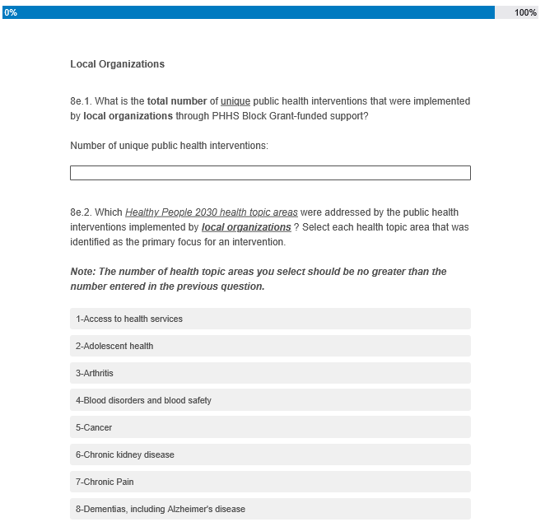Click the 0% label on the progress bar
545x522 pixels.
[x=11, y=12]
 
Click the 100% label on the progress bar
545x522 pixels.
[x=525, y=12]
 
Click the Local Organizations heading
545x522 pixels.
[x=117, y=64]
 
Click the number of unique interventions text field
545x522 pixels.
[x=270, y=173]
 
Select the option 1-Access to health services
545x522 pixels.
[x=270, y=319]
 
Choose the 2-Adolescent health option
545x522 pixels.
[x=270, y=346]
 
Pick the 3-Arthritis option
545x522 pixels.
[x=270, y=373]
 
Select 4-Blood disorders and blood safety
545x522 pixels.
[x=270, y=400]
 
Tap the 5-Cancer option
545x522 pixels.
[x=270, y=427]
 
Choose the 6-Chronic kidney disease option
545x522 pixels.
[x=270, y=454]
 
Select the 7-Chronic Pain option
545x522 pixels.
[x=270, y=482]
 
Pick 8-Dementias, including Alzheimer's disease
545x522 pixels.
[x=270, y=509]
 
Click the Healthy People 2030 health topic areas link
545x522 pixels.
[x=212, y=212]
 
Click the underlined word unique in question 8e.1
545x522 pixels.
[x=235, y=101]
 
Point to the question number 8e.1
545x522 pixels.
[x=81, y=101]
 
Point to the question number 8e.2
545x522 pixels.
[x=81, y=212]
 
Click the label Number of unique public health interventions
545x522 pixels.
[x=169, y=146]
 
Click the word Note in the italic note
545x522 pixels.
[x=82, y=272]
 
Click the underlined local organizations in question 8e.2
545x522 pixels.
[x=246, y=227]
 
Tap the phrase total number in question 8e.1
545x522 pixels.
[x=177, y=101]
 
